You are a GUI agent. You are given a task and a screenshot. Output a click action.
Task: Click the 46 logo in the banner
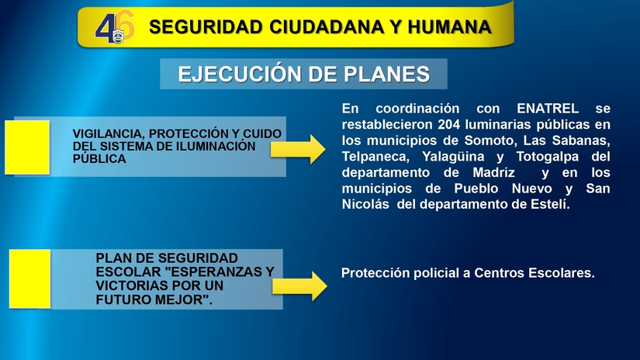click(x=114, y=28)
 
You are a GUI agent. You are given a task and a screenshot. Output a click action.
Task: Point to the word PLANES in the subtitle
click(x=387, y=74)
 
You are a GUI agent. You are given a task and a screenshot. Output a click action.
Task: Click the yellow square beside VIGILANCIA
click(x=27, y=147)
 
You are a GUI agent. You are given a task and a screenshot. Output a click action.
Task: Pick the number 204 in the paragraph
click(x=450, y=124)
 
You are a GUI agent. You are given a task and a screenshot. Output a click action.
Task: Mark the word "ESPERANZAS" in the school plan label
click(x=214, y=272)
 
